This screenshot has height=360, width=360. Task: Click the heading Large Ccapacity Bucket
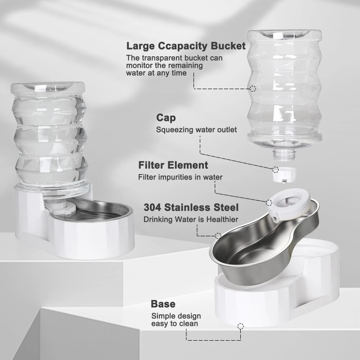click(186, 46)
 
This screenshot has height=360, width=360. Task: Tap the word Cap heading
click(166, 118)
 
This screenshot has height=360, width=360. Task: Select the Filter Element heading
click(173, 165)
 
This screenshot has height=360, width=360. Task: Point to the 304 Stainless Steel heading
click(191, 207)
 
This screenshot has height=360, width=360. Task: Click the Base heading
click(163, 304)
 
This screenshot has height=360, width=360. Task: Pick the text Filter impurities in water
click(180, 177)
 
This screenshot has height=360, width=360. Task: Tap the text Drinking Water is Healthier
click(191, 220)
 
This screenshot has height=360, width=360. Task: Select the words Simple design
click(175, 316)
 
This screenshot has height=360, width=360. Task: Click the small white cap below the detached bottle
click(281, 174)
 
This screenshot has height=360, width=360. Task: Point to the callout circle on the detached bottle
click(252, 89)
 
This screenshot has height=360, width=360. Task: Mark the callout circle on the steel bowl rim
click(218, 235)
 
